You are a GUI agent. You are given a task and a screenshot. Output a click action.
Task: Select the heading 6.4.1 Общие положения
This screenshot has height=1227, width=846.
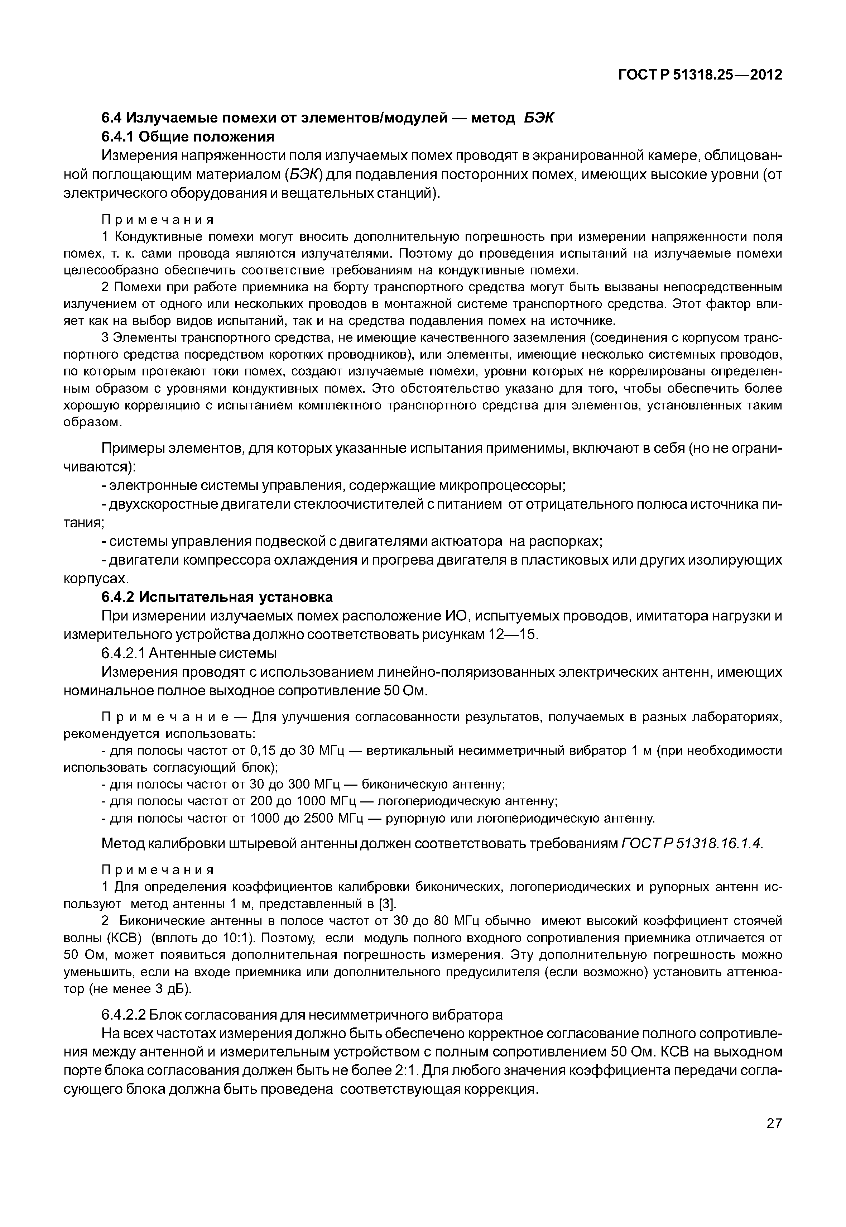pos(188,137)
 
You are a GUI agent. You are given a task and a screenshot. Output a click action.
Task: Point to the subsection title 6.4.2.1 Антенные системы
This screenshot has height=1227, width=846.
pos(189,653)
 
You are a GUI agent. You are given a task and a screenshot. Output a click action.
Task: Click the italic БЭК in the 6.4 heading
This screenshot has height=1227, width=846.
pos(539,118)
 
